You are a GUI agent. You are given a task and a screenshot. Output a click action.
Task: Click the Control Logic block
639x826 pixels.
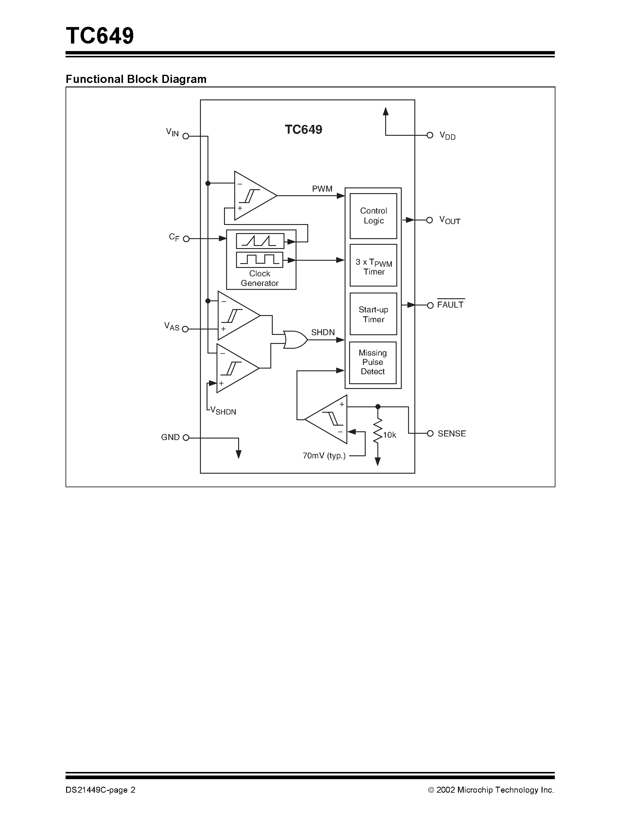(373, 216)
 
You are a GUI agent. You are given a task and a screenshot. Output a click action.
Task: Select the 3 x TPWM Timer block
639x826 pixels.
(373, 266)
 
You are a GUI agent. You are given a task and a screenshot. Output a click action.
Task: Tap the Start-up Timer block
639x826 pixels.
(373, 314)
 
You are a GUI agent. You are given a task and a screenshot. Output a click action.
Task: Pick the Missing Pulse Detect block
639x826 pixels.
(373, 362)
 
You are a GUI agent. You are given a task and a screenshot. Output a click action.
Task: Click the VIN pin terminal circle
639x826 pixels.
(186, 136)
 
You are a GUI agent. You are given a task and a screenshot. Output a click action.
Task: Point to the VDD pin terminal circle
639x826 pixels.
(430, 135)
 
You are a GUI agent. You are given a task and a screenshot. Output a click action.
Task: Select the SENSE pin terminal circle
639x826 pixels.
(430, 433)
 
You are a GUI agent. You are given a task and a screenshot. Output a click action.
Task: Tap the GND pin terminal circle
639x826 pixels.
(186, 438)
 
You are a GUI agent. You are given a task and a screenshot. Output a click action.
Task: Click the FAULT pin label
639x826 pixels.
(450, 305)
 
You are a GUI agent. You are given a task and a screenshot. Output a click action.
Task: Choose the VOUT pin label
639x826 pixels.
(450, 220)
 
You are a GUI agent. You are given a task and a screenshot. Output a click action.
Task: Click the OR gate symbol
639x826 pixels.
(295, 340)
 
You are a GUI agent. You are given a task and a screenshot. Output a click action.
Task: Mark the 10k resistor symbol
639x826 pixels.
(378, 431)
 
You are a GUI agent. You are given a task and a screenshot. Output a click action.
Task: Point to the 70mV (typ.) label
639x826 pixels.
(324, 456)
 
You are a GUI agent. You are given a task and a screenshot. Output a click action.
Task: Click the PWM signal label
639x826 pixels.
(322, 189)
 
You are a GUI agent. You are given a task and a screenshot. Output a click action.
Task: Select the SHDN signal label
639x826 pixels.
(323, 332)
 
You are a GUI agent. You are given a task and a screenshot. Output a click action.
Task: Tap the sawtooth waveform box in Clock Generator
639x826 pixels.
(260, 241)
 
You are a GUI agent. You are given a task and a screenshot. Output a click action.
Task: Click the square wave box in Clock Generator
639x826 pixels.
(260, 260)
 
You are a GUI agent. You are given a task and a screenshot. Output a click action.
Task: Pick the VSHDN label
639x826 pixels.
(223, 410)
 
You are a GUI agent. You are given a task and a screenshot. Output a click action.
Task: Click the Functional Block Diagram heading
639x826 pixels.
(136, 79)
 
